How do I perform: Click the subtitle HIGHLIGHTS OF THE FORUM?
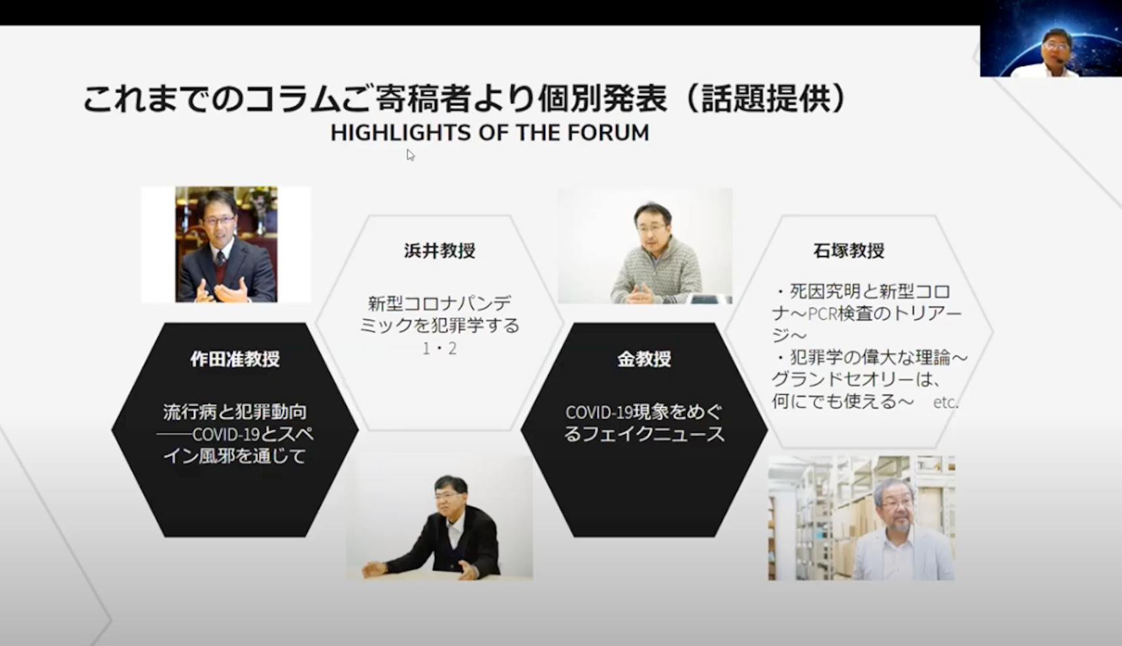(490, 132)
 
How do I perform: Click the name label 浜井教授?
(439, 250)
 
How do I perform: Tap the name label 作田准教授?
(235, 358)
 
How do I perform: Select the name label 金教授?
(644, 358)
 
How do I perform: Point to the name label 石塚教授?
(849, 250)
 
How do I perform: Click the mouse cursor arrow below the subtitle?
(410, 155)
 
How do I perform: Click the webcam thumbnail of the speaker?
(1051, 39)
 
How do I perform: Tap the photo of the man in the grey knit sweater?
(645, 246)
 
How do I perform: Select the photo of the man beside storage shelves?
(861, 518)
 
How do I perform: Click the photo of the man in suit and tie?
(226, 245)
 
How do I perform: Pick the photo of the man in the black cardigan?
(439, 518)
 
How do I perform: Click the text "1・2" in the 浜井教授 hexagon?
(439, 348)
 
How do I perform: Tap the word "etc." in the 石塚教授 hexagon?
(945, 402)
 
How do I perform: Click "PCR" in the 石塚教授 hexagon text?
(823, 314)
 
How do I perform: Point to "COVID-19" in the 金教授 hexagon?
(599, 413)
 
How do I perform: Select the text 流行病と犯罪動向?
(235, 412)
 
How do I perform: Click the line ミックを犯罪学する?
(439, 326)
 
